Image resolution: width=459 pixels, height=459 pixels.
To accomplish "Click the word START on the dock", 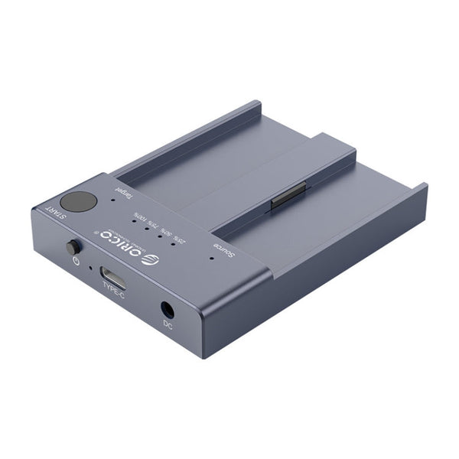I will tap(54, 216).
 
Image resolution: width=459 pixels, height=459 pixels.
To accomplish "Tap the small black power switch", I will tap(73, 248).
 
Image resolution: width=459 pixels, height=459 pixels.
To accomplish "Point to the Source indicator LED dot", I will tap(212, 258).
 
